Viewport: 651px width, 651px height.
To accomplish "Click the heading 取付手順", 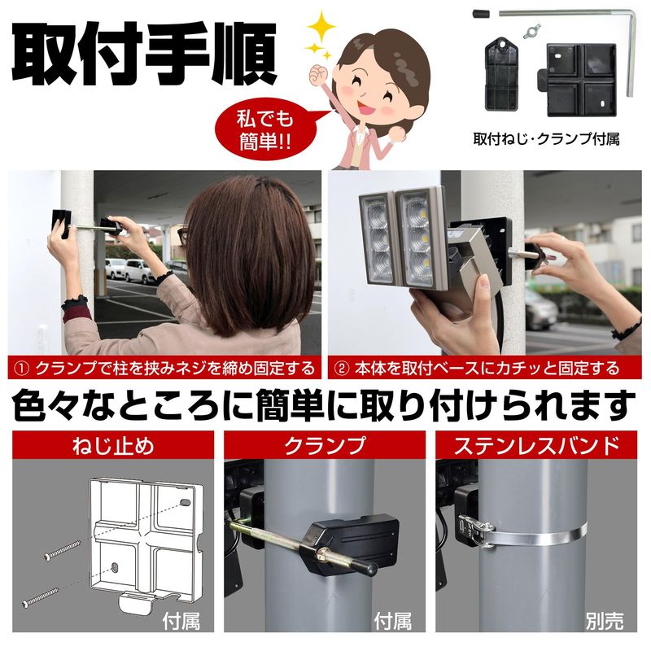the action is click(x=144, y=53).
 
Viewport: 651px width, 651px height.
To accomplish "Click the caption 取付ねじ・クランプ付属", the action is click(x=546, y=139).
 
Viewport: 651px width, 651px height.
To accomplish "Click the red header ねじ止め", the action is click(x=113, y=445).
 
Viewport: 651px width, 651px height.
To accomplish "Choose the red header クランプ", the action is click(x=325, y=445).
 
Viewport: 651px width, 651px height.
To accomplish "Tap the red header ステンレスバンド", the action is click(x=536, y=445).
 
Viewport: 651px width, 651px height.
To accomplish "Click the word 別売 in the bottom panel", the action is click(x=605, y=622).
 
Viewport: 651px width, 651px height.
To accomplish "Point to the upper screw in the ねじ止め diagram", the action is click(x=63, y=550).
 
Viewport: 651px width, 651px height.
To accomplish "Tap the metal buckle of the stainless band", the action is click(x=474, y=530).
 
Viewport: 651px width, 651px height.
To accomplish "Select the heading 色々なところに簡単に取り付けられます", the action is click(x=324, y=405).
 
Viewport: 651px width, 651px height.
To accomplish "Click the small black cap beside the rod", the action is click(x=481, y=14).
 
